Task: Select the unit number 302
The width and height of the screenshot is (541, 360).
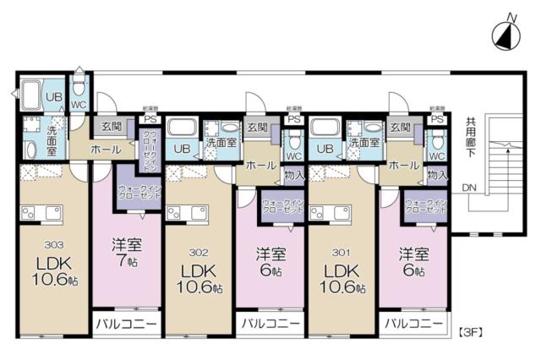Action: (x=198, y=251)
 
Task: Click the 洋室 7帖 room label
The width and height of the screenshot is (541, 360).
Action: (x=126, y=253)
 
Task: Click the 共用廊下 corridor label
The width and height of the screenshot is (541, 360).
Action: (x=472, y=136)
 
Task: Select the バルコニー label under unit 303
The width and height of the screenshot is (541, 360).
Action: (x=124, y=323)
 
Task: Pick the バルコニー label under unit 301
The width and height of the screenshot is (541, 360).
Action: (x=413, y=323)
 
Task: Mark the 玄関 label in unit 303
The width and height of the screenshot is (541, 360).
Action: (x=112, y=127)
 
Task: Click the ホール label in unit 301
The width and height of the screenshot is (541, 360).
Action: (x=403, y=166)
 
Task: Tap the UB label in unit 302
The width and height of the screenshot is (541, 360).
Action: (x=181, y=149)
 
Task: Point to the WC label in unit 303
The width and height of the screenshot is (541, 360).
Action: (x=79, y=105)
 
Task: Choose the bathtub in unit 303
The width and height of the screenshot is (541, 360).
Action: (x=31, y=95)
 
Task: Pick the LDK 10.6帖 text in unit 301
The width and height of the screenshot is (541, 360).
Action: (x=342, y=279)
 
